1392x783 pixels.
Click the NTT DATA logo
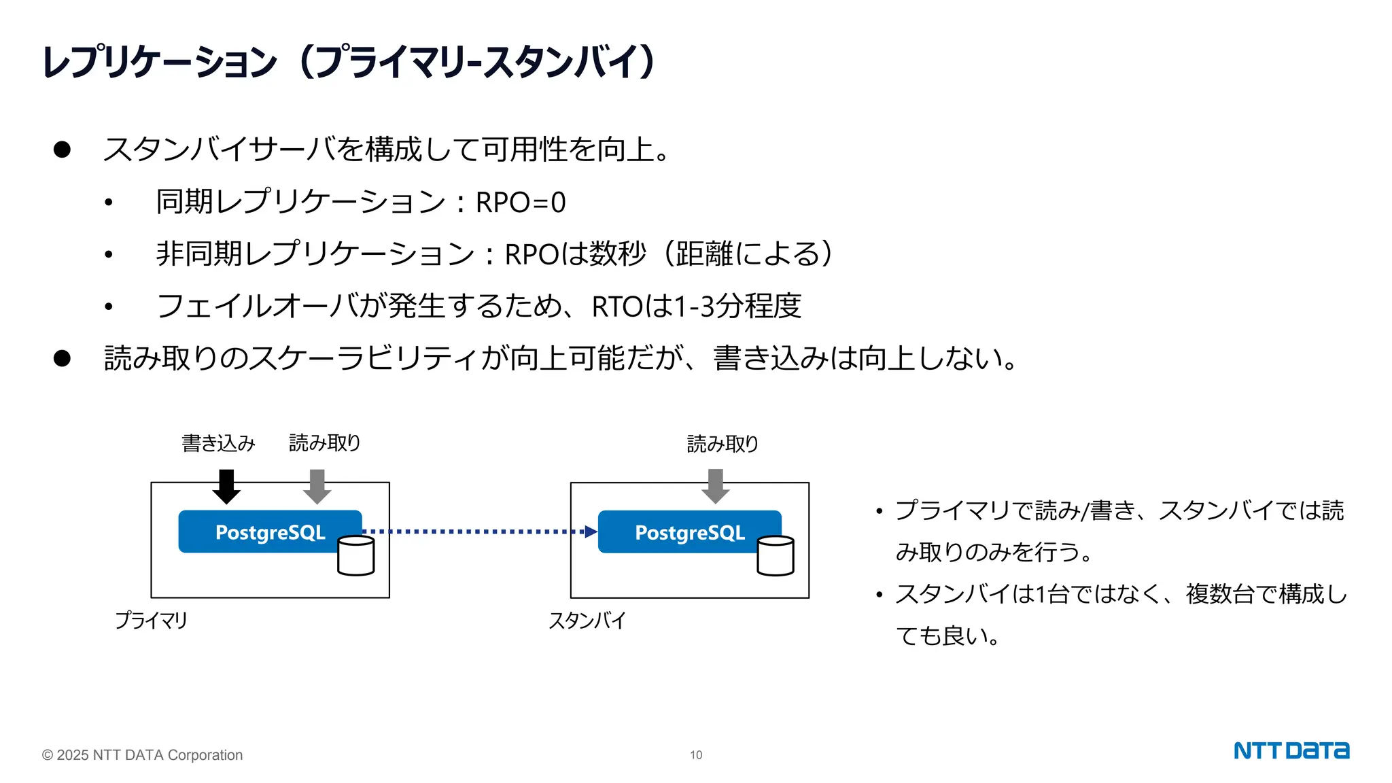[x=1291, y=750]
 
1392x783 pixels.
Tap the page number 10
[x=696, y=755]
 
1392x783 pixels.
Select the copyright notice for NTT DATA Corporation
[x=142, y=755]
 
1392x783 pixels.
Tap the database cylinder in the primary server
[x=356, y=556]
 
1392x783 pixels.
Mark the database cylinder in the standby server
[x=776, y=556]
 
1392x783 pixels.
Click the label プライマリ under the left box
[x=151, y=621]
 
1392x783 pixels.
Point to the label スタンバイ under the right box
[x=587, y=621]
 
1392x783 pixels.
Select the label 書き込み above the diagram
[x=218, y=443]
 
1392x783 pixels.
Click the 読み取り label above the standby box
[x=723, y=444]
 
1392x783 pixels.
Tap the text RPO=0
[x=521, y=203]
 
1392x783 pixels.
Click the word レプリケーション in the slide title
[x=160, y=62]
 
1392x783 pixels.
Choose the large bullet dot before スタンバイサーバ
[x=62, y=150]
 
